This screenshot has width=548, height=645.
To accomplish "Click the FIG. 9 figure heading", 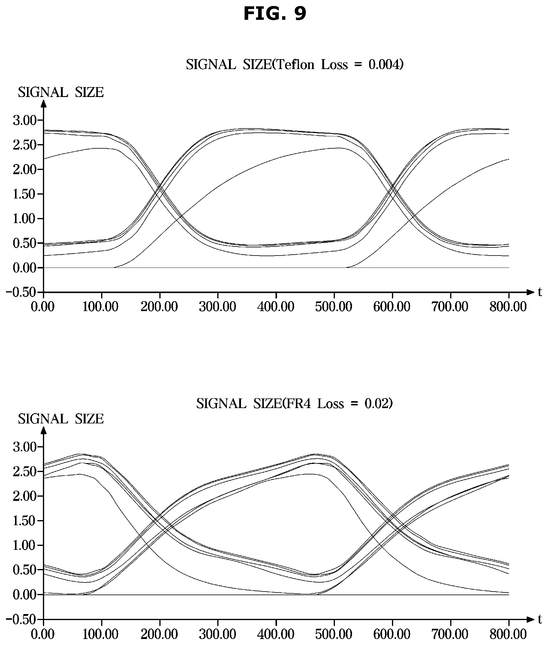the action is tap(275, 14).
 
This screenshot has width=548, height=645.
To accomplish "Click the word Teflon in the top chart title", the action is tap(295, 65).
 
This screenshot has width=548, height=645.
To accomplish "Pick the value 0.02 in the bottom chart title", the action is tap(377, 404).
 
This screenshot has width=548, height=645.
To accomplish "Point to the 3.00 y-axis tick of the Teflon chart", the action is tap(25, 120).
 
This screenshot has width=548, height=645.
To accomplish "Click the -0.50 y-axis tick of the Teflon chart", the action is tap(21, 292).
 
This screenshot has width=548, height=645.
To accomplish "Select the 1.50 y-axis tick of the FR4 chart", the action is tap(25, 521).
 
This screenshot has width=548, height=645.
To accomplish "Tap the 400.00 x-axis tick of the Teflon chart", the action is tap(276, 307).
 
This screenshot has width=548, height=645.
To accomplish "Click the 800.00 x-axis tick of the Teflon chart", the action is tap(508, 307).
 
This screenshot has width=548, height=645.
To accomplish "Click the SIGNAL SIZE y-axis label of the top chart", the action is tap(61, 92).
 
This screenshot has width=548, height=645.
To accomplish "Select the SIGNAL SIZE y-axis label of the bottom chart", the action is tap(61, 419).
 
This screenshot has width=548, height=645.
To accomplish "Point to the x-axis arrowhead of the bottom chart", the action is tap(530, 619).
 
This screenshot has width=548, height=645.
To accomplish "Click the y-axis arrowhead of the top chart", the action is tap(44, 104).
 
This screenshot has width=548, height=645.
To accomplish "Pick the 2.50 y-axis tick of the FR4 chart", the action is tap(25, 471).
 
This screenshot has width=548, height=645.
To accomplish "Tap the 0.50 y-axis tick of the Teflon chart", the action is tap(25, 243).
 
